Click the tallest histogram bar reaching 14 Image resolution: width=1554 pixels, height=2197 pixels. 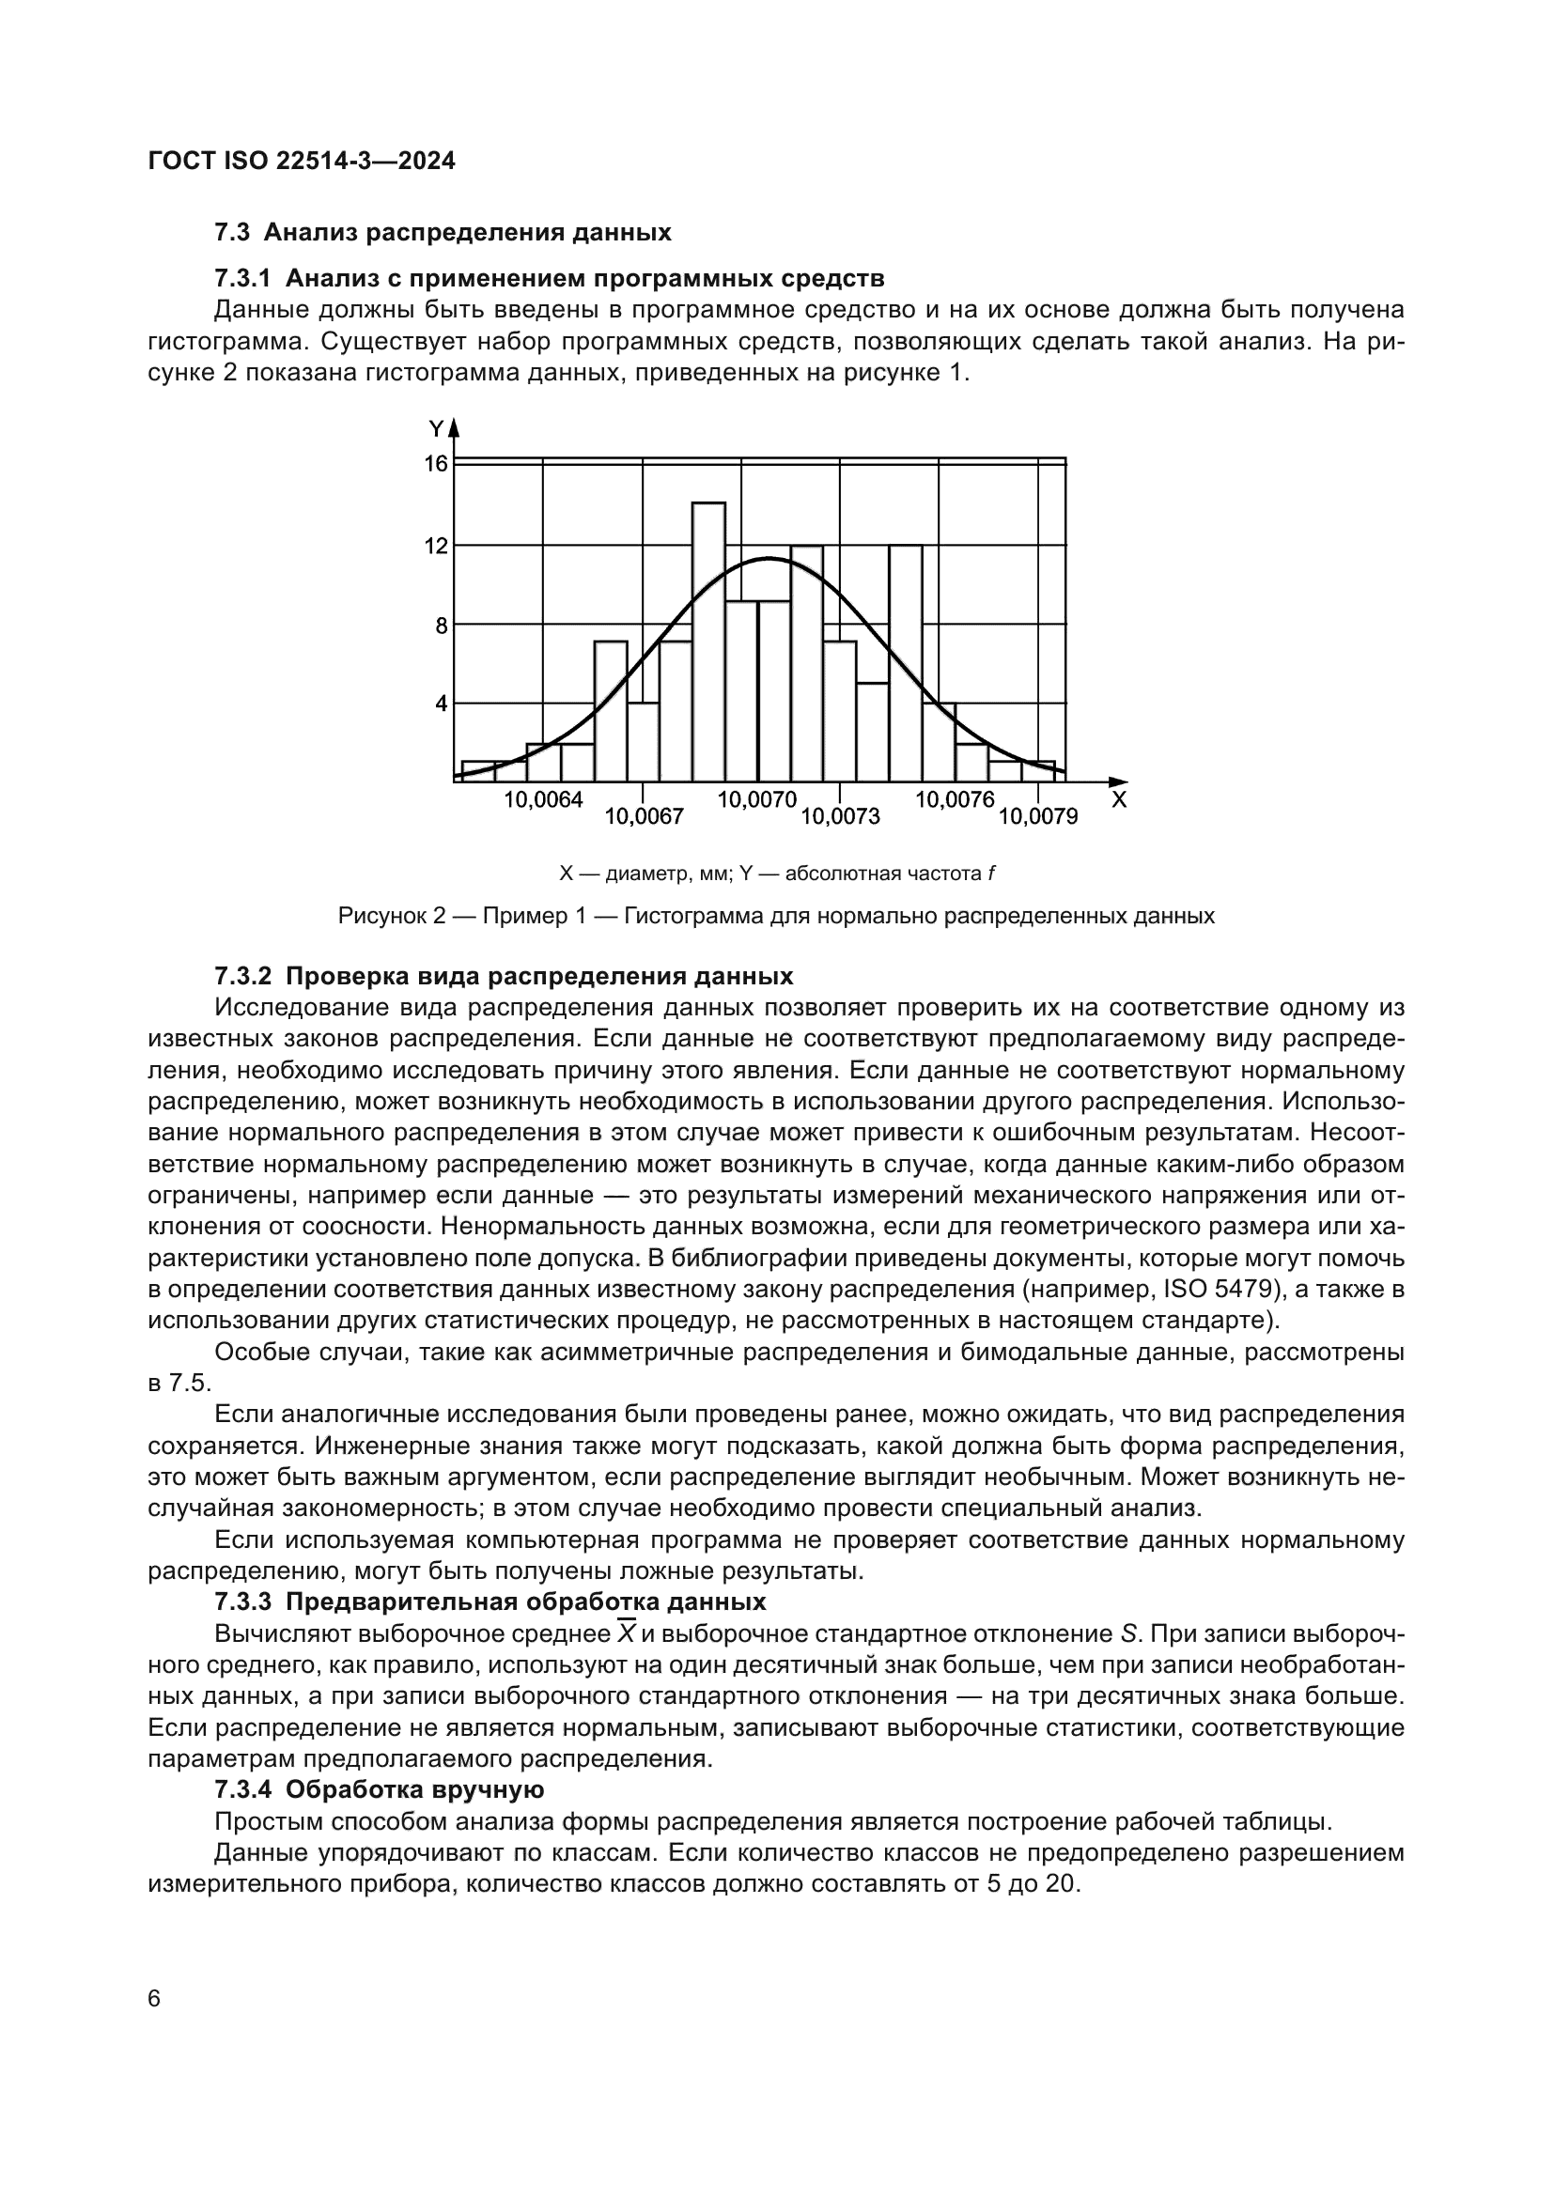(x=708, y=642)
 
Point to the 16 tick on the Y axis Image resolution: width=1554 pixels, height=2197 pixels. (x=436, y=464)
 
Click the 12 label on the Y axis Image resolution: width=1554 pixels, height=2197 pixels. (x=436, y=547)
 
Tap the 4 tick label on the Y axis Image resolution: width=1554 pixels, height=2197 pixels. (x=442, y=704)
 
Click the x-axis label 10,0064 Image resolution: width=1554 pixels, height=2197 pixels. (x=543, y=800)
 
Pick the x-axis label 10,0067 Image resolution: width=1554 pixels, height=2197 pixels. (x=644, y=816)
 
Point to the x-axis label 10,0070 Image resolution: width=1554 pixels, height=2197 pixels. (x=757, y=800)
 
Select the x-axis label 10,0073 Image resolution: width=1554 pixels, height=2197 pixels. (x=840, y=816)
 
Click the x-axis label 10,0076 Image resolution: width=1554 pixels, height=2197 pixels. (x=955, y=800)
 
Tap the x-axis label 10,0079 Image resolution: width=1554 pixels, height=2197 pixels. (x=1038, y=816)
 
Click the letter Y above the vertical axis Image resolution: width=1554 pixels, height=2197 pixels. (x=436, y=427)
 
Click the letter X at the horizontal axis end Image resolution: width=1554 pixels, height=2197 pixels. (x=1119, y=800)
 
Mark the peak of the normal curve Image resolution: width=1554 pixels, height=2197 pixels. (x=768, y=559)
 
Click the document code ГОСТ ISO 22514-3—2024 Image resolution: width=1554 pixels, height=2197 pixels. (x=303, y=161)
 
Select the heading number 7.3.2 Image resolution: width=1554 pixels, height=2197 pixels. (x=243, y=976)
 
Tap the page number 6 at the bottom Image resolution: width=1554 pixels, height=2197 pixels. (x=155, y=1999)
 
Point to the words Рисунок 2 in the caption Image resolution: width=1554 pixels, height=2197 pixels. (x=393, y=916)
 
